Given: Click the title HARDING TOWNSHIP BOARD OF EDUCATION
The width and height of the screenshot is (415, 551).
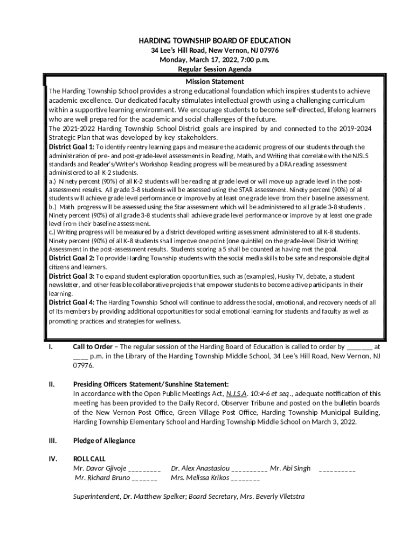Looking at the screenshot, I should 215,41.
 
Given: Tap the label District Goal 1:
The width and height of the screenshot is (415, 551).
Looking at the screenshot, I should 72,147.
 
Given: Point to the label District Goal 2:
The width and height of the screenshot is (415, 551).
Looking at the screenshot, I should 72,258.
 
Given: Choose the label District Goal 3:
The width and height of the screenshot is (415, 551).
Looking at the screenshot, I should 72,276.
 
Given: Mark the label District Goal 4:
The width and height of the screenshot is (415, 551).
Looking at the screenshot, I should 72,302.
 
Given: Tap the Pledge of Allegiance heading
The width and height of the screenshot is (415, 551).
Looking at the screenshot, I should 105,441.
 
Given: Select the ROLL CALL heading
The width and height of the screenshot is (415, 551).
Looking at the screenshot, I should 89,459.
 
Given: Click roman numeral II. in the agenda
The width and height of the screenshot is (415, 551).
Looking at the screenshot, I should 52,384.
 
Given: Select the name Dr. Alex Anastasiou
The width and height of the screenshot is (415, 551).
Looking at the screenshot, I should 200,469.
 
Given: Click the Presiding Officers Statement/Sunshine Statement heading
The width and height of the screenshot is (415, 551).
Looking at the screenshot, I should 151,384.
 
